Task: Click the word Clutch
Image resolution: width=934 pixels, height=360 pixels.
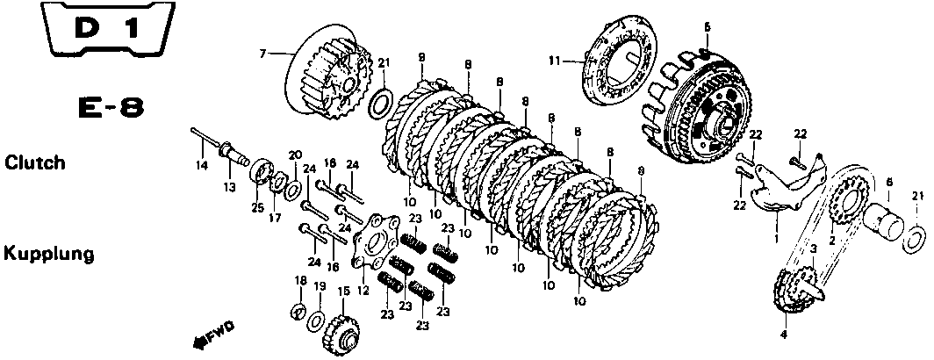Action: pyautogui.click(x=34, y=163)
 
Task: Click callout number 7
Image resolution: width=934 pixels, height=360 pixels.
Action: pyautogui.click(x=262, y=54)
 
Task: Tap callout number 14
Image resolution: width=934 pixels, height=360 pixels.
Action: pyautogui.click(x=201, y=166)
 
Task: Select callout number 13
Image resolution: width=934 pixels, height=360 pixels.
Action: pyautogui.click(x=229, y=187)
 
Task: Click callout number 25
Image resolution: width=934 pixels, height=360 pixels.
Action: pyautogui.click(x=257, y=208)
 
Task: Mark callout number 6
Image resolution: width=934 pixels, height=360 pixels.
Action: pyautogui.click(x=888, y=182)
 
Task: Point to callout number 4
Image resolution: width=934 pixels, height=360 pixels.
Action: pyautogui.click(x=784, y=335)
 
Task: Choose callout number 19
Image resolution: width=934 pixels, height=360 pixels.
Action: pyautogui.click(x=320, y=286)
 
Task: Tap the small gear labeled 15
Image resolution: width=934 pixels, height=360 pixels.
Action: pyautogui.click(x=340, y=332)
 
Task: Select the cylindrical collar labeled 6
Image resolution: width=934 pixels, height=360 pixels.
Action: pyautogui.click(x=886, y=220)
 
